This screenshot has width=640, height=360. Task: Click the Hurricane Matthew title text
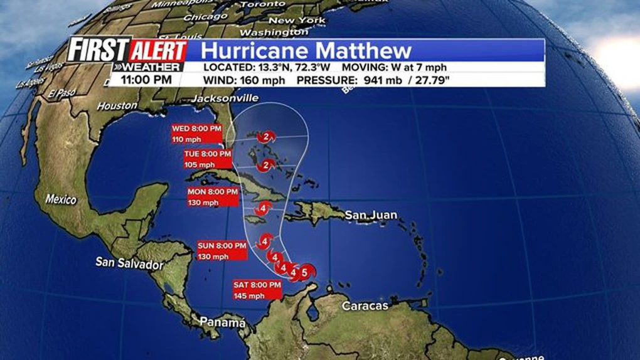click(307, 50)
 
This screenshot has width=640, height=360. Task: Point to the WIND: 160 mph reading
click(244, 80)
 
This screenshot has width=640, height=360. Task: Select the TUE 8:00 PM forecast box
click(208, 159)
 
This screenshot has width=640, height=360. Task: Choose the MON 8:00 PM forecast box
click(213, 196)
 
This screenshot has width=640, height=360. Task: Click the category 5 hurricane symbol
click(305, 272)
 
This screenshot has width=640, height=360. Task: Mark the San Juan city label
click(371, 215)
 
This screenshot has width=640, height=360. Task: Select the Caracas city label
click(365, 306)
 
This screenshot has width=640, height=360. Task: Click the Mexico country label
click(61, 199)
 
